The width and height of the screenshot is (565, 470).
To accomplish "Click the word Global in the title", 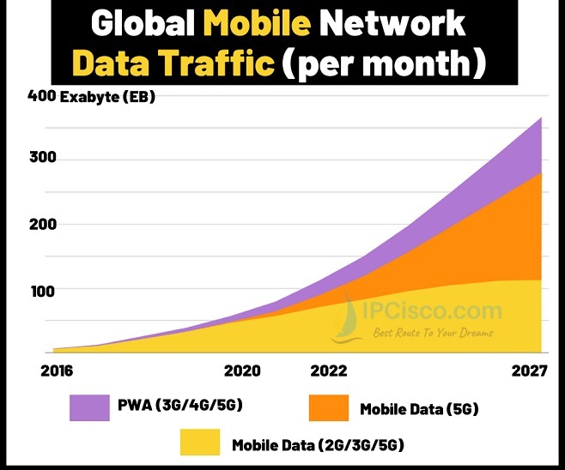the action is pyautogui.click(x=143, y=23).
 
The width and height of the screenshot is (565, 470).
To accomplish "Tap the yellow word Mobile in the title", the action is pyautogui.click(x=258, y=22).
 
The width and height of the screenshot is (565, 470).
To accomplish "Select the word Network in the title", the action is pyautogui.click(x=392, y=22).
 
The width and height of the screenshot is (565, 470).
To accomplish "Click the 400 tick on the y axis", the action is pyautogui.click(x=42, y=96).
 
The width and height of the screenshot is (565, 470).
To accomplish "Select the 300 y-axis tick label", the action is pyautogui.click(x=43, y=157).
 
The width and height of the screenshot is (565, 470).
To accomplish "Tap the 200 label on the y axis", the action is pyautogui.click(x=43, y=225).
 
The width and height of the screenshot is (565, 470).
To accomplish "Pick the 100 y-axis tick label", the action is pyautogui.click(x=43, y=292).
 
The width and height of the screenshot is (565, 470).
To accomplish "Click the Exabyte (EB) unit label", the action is pyautogui.click(x=107, y=97).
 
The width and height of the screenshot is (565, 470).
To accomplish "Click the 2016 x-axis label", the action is pyautogui.click(x=57, y=371).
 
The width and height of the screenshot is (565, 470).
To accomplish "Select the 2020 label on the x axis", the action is pyautogui.click(x=242, y=371).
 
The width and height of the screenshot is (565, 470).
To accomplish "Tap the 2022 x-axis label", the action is pyautogui.click(x=329, y=371).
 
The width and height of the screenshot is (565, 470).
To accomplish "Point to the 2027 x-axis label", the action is pyautogui.click(x=529, y=371).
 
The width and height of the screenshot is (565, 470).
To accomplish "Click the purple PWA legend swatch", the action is pyautogui.click(x=89, y=407).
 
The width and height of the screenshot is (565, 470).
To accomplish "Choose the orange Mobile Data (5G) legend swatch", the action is pyautogui.click(x=329, y=407).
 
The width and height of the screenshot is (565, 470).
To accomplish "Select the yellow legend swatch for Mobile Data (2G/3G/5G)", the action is pyautogui.click(x=200, y=443).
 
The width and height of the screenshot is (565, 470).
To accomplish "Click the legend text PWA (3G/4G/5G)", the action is pyautogui.click(x=180, y=405).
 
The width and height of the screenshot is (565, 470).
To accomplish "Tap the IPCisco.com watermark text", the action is pyautogui.click(x=432, y=311).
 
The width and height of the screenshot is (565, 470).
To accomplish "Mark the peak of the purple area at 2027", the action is pyautogui.click(x=541, y=117).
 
